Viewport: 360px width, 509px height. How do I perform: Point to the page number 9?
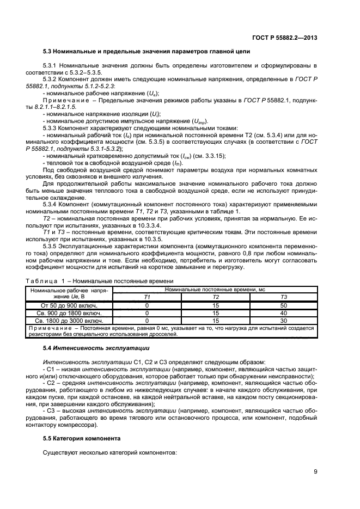point(315,471)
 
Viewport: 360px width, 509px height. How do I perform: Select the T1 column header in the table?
point(146,297)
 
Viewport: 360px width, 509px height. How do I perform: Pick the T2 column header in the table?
point(215,297)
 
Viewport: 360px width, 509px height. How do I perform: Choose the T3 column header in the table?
point(283,297)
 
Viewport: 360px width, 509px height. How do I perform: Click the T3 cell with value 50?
point(283,306)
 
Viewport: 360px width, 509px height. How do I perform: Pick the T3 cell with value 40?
point(283,314)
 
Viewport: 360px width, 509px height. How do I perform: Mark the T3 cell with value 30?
point(283,321)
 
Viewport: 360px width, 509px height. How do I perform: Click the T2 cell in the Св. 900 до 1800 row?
point(215,314)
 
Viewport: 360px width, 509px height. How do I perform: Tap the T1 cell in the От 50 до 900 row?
point(146,306)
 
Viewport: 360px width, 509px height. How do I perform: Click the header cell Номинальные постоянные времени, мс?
point(215,290)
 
